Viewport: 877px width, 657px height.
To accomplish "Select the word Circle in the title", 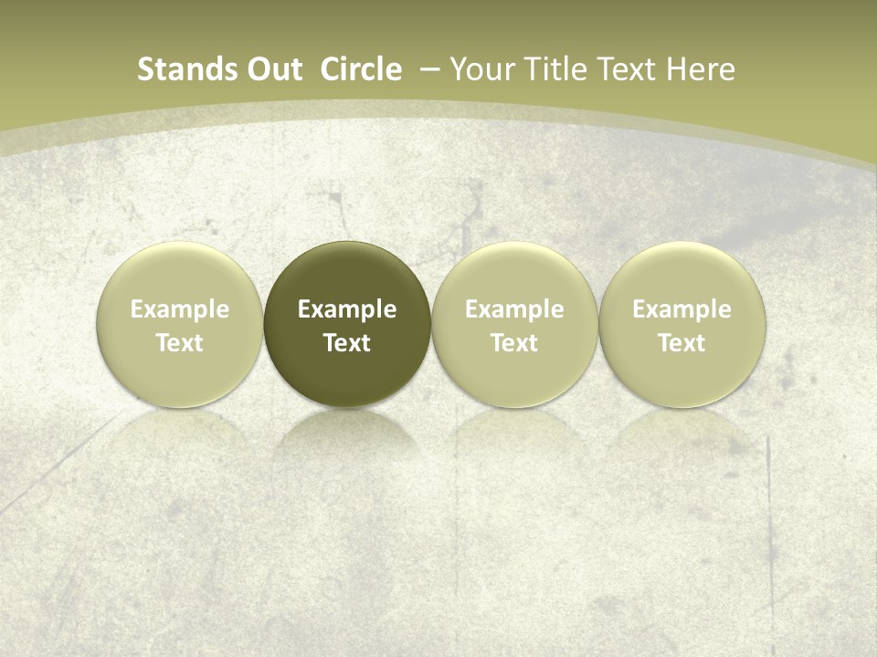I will pos(361,69).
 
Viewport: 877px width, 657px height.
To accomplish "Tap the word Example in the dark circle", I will pos(347,309).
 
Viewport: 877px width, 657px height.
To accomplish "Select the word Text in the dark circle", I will pos(347,343).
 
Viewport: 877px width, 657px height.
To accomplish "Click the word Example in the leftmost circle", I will pos(180,309).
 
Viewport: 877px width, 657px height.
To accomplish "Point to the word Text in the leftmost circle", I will pos(180,343).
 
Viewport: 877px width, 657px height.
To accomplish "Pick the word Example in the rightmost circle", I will pos(682,309).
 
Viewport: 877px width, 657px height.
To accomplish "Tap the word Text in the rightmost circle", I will pos(682,343).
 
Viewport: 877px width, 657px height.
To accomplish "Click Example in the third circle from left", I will pos(514,309).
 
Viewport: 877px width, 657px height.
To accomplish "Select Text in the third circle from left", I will pos(514,343).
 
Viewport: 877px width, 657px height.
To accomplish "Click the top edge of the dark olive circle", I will pos(347,243).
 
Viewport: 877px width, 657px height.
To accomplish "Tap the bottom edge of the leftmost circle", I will pos(180,406).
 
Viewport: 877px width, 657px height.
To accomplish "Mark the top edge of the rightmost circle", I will pos(682,243).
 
